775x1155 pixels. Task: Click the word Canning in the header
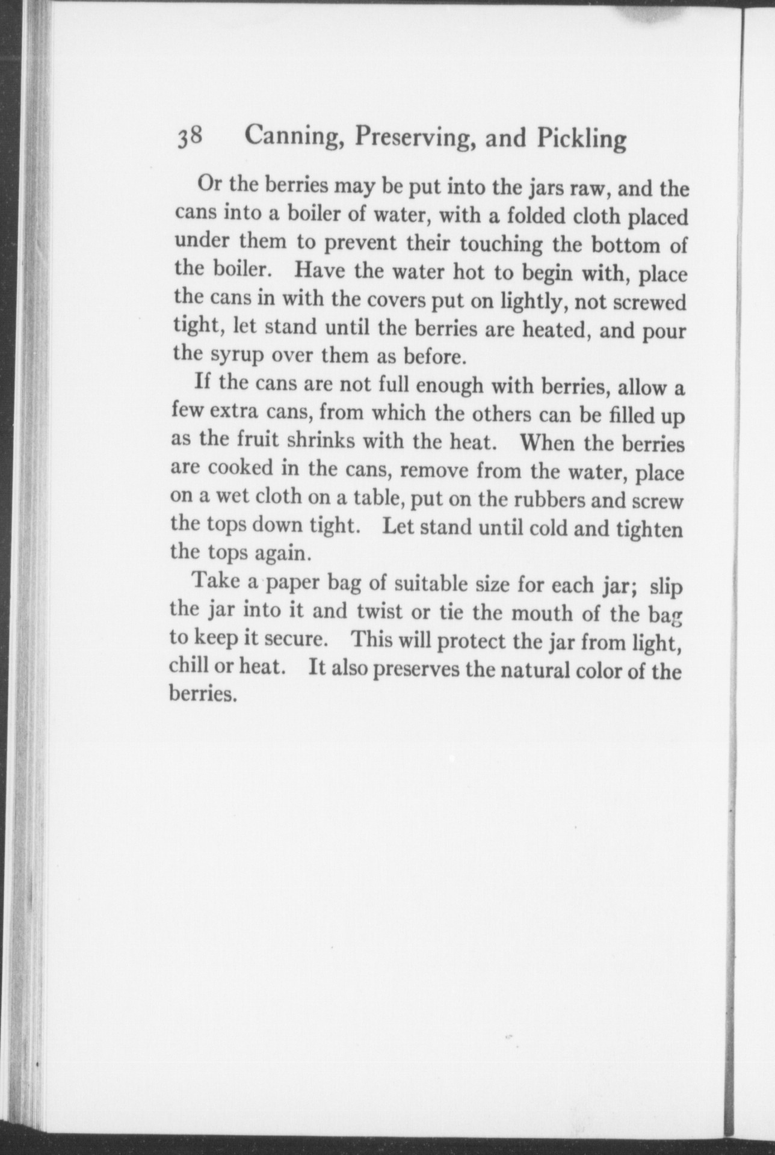[x=293, y=138]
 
